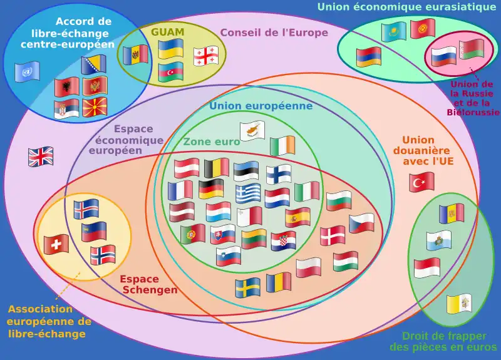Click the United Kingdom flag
click(41, 157)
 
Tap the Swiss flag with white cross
click(56, 244)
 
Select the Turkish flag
click(422, 182)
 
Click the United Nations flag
click(28, 71)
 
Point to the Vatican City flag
click(458, 304)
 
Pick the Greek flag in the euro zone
click(248, 193)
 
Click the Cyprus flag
click(253, 131)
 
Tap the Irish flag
click(282, 146)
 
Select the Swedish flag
click(248, 287)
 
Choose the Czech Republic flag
click(362, 223)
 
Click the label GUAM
click(167, 31)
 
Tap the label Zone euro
click(211, 142)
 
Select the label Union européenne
click(261, 106)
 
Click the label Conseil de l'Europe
click(274, 33)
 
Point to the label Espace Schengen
click(149, 284)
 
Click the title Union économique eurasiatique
click(406, 7)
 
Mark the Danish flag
click(333, 235)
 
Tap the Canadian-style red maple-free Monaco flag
click(426, 268)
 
